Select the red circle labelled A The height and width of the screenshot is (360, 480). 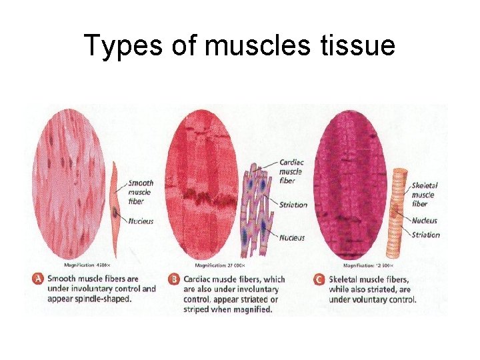coord(38,279)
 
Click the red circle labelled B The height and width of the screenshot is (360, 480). coord(173,279)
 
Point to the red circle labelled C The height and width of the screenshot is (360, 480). coord(319,279)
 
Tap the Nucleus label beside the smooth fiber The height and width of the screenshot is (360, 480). coord(140,221)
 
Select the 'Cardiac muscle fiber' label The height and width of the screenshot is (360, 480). coord(291,172)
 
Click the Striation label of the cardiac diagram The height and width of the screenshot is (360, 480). coord(293,205)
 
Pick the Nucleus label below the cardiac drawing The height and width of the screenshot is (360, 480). coord(292,237)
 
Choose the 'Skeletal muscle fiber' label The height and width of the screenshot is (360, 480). coord(425,194)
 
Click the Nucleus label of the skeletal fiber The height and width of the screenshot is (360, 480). coord(425,221)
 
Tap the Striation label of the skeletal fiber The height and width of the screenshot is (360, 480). coord(426,235)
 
